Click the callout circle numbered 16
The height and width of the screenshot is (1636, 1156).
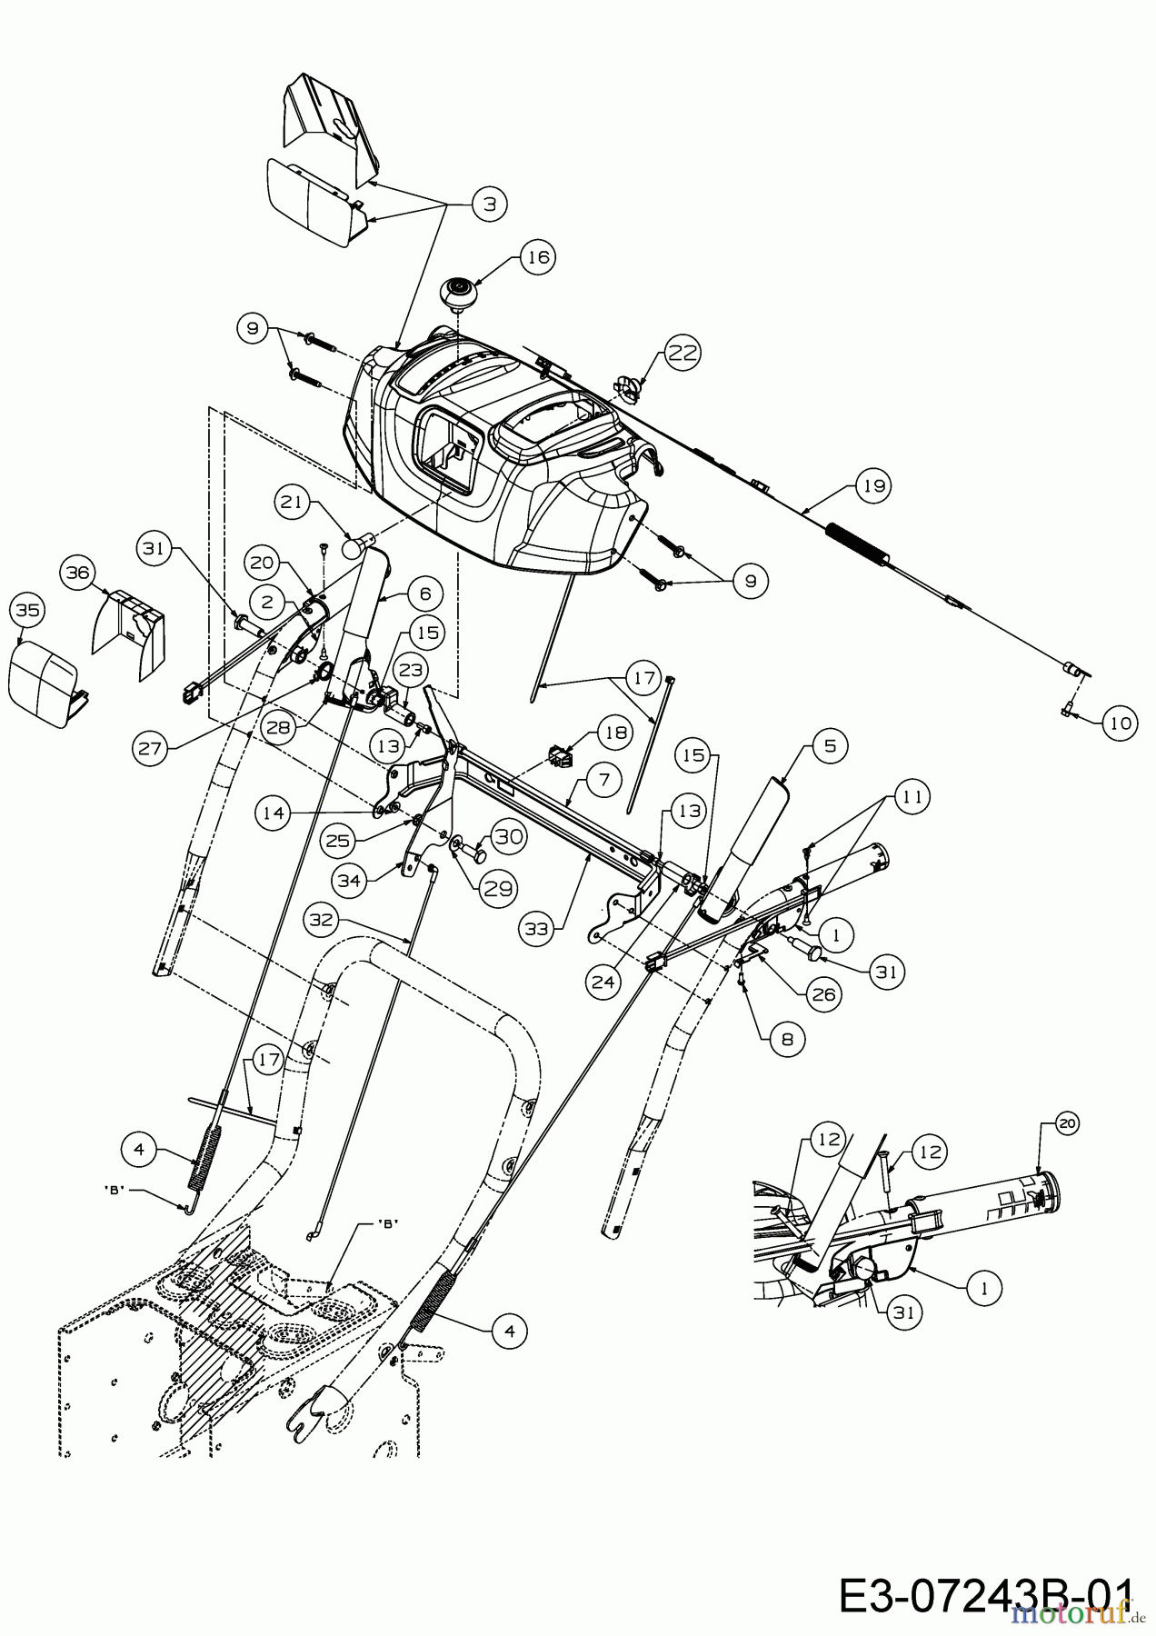coord(538,257)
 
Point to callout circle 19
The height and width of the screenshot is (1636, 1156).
coord(873,486)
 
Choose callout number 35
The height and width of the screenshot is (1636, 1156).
coord(28,611)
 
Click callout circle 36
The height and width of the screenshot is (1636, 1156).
coord(78,573)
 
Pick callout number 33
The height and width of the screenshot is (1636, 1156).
coord(539,928)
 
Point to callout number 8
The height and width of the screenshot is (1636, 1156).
coord(786,1038)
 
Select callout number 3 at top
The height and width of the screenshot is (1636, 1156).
coord(489,204)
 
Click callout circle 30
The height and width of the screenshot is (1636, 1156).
coord(509,836)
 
